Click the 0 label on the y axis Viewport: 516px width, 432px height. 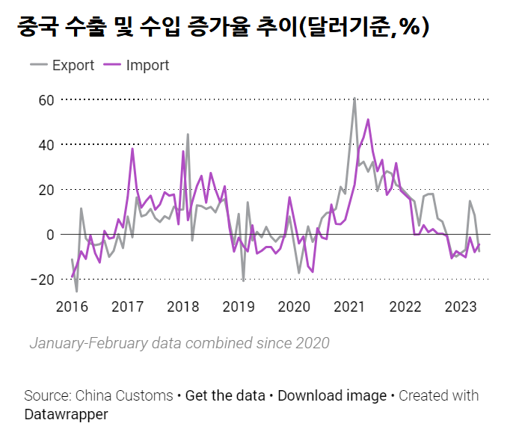tap(50, 235)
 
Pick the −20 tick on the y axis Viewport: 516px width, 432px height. tap(43, 280)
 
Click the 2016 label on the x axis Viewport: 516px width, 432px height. tap(73, 306)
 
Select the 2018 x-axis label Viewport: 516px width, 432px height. tap(183, 306)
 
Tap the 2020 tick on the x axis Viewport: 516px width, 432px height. tap(294, 306)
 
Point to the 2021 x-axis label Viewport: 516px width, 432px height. tap(349, 306)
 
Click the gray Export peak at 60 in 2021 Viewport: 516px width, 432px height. tap(354, 99)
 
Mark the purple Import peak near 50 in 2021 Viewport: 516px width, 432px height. tap(368, 120)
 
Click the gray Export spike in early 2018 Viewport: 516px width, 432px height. tap(188, 135)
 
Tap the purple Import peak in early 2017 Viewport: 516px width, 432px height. tap(132, 149)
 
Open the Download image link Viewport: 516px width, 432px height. tap(332, 395)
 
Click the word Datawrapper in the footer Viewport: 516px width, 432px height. tap(66, 414)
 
